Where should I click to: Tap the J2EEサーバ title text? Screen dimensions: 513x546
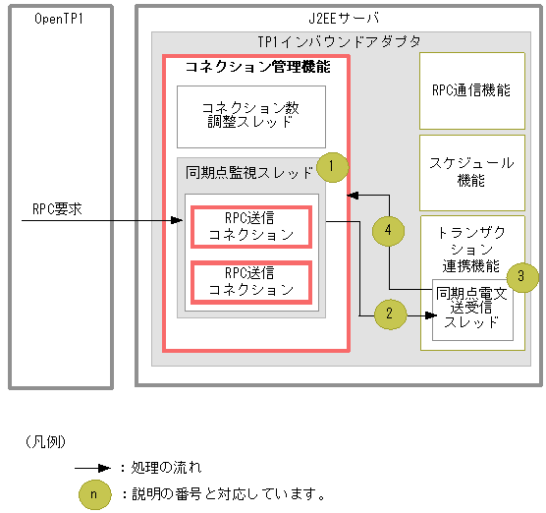[x=337, y=19]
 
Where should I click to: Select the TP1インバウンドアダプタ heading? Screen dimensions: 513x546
[x=338, y=41]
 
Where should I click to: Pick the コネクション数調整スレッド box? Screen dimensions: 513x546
[x=250, y=115]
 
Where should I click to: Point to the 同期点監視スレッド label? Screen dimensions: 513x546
[x=249, y=172]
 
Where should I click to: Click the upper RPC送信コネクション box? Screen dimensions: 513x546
[x=250, y=226]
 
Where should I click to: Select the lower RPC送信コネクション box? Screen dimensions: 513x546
[x=250, y=280]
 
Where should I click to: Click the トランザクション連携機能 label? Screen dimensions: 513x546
[x=470, y=250]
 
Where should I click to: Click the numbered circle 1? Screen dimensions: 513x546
[x=333, y=165]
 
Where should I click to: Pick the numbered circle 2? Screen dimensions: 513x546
[x=389, y=314]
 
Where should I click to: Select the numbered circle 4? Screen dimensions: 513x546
[x=389, y=230]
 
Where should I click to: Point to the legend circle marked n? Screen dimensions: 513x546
[x=93, y=493]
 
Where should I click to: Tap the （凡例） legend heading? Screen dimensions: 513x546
[x=43, y=442]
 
